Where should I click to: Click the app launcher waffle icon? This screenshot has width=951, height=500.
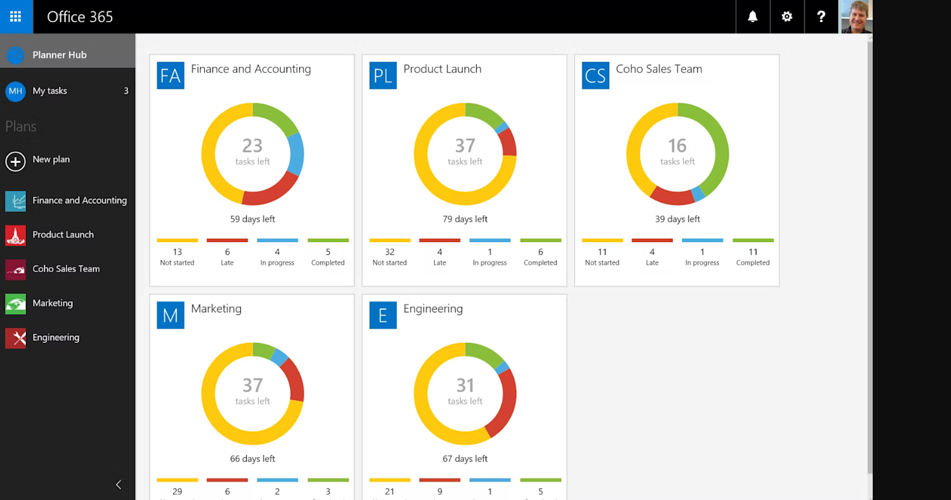(x=16, y=16)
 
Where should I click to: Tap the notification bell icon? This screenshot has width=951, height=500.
(x=753, y=16)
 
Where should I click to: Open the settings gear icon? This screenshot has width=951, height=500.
(x=787, y=16)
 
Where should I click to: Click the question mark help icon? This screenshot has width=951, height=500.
(x=821, y=16)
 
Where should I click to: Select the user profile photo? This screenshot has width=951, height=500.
(x=855, y=16)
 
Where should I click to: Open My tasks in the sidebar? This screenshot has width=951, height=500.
(x=50, y=91)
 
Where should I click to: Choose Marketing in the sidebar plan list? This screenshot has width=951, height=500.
(x=53, y=303)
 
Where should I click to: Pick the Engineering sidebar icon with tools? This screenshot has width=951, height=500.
(x=15, y=338)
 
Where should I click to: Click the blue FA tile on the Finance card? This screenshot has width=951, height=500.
(x=171, y=75)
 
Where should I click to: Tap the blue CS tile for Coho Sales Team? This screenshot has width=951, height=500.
(x=595, y=75)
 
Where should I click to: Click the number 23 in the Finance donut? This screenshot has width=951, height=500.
(x=252, y=146)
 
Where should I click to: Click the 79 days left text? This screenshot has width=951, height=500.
(x=465, y=219)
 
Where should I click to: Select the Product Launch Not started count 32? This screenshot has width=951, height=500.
(x=389, y=252)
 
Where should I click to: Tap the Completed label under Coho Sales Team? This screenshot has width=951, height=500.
(x=753, y=262)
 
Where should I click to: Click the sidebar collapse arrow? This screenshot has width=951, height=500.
(x=119, y=485)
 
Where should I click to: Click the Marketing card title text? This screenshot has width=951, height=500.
(x=216, y=309)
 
